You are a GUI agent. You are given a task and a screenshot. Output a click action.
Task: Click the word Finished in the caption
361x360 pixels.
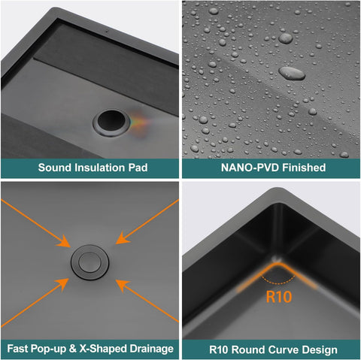[x=304, y=168]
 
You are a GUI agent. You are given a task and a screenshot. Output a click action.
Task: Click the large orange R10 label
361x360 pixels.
[x=279, y=297]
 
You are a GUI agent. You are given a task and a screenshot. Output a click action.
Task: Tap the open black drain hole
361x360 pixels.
[x=111, y=122]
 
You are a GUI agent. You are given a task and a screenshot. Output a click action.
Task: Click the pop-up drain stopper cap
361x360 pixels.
[x=89, y=262]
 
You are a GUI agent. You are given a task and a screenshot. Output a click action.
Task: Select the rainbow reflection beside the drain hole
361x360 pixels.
[x=139, y=123]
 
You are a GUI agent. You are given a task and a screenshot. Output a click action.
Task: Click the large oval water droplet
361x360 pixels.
[x=292, y=73]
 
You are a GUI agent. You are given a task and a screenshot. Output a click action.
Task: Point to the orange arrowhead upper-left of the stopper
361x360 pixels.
[x=64, y=242]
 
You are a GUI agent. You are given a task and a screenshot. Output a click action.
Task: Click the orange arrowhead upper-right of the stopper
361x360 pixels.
[x=122, y=238]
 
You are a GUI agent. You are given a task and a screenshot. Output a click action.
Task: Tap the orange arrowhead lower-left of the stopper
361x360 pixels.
[x=62, y=284]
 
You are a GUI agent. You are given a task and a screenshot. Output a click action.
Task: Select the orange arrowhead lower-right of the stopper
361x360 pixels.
[x=122, y=286]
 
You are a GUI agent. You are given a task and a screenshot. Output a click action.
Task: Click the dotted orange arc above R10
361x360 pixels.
[x=278, y=283]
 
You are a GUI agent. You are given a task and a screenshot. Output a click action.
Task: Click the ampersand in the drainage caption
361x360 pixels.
[x=72, y=349]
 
